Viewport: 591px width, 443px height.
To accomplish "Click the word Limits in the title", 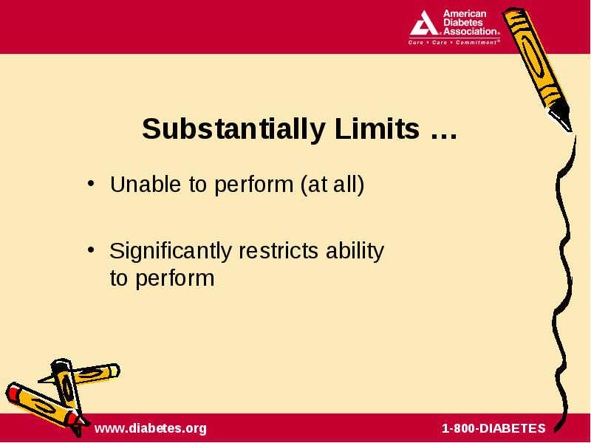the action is tap(377, 128).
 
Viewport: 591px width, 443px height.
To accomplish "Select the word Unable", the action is tap(145, 184).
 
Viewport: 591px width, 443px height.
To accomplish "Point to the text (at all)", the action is tap(332, 185).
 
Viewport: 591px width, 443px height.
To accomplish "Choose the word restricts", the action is tap(279, 251).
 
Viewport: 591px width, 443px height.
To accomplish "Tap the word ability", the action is tap(355, 252).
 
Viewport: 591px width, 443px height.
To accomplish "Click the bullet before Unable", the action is tap(90, 184).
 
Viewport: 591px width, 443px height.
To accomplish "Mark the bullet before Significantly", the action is tap(90, 250).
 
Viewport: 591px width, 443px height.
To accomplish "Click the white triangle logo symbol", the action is tap(423, 24).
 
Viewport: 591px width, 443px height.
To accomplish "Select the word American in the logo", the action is tap(465, 14).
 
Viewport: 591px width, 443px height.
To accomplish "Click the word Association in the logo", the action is tap(471, 31).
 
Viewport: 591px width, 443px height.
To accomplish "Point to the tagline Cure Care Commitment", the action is tap(454, 42).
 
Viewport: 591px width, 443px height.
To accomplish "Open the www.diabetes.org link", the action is tap(151, 428).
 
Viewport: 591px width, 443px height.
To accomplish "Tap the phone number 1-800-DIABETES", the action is tap(493, 428).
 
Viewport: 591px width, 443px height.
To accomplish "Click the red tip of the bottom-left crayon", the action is tap(14, 394).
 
